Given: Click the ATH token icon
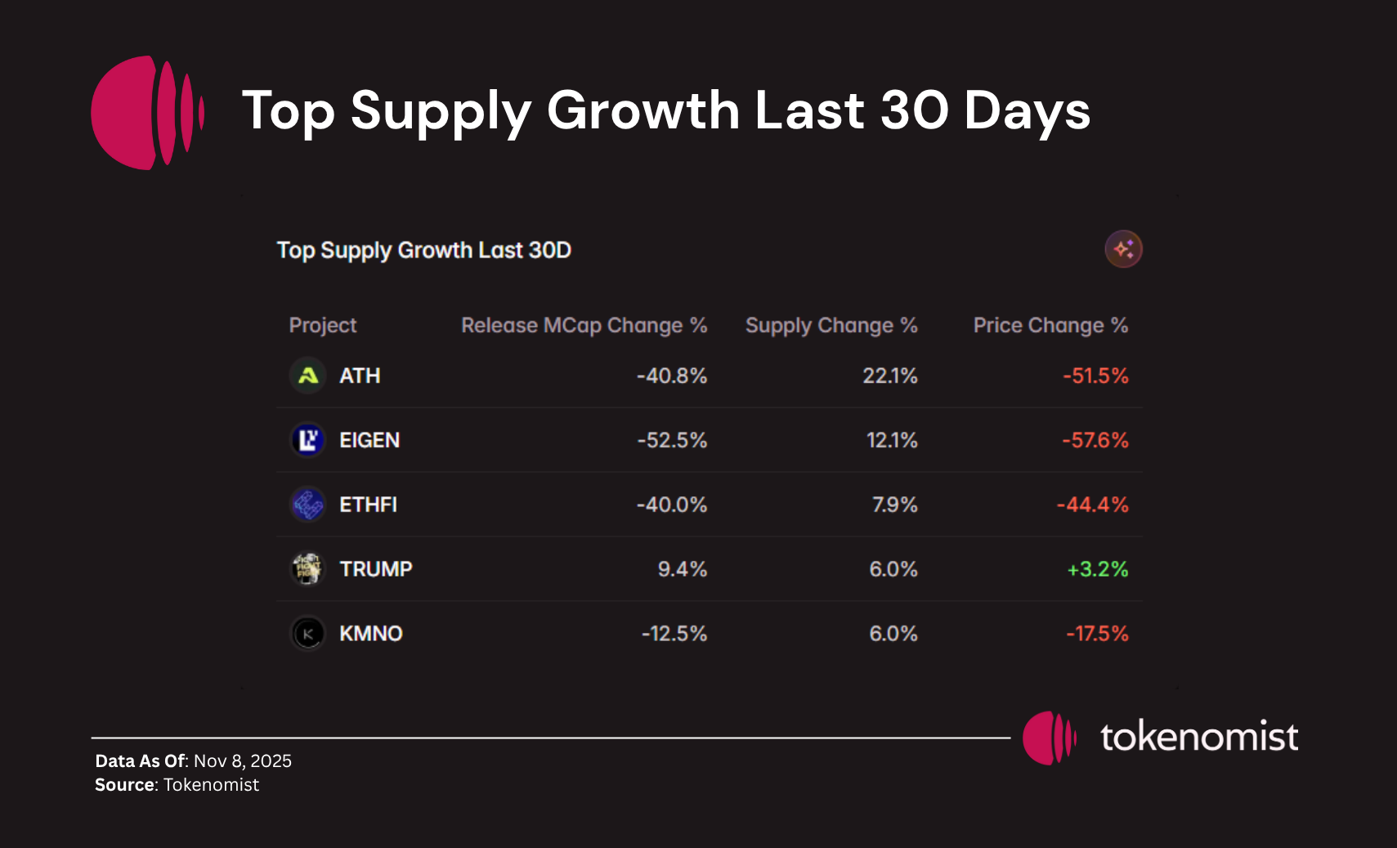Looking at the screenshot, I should point(308,376).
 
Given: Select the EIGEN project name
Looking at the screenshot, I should point(369,441).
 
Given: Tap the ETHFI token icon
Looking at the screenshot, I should point(308,505).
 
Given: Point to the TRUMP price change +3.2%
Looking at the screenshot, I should point(1097,569).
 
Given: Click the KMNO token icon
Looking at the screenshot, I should point(308,634).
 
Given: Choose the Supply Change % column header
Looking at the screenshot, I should point(831,325).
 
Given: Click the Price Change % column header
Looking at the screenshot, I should point(1050,325).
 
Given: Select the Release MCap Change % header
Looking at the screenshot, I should point(584,325).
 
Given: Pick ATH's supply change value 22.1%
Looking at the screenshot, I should point(889,376).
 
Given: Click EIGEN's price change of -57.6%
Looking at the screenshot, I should point(1095,441).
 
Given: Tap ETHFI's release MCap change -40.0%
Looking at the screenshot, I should point(671,505).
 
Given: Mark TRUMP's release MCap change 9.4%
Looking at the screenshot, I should point(682,569).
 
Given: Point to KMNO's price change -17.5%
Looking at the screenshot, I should point(1097,634).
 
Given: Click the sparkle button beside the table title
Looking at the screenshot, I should point(1123,249).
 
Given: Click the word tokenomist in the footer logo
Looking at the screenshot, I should point(1198,737).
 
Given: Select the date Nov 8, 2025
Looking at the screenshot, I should point(243,761).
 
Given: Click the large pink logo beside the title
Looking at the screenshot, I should point(147,113).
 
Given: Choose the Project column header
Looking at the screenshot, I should point(323,325).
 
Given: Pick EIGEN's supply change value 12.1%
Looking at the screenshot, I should point(891,441).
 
